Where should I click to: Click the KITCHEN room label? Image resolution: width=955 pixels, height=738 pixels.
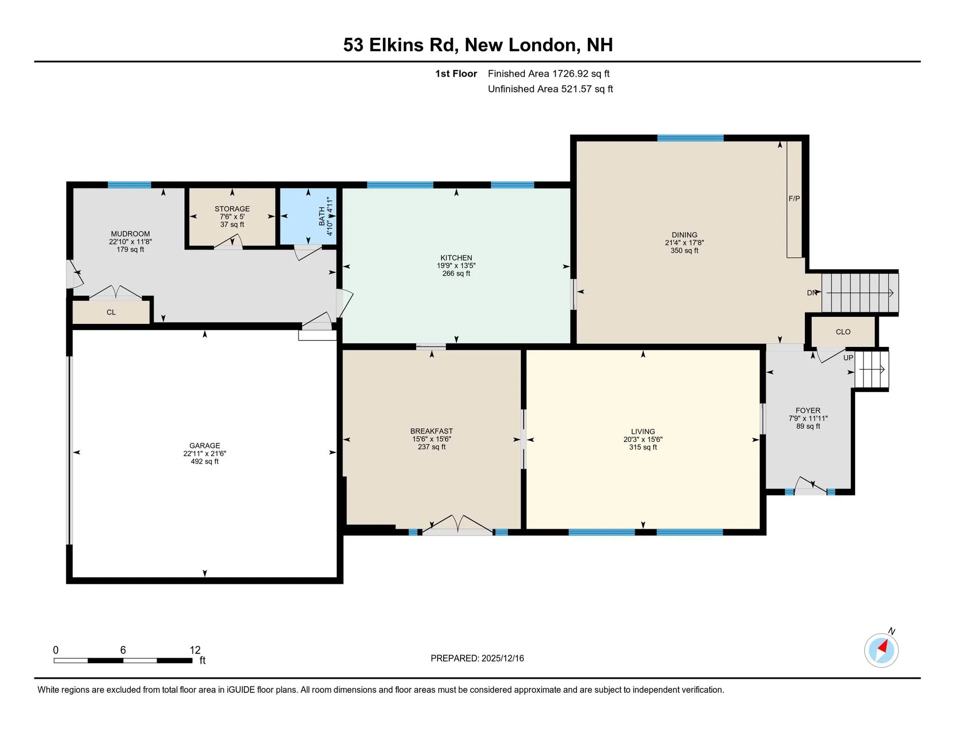(456, 258)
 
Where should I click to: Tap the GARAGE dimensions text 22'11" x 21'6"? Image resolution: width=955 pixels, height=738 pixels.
(204, 453)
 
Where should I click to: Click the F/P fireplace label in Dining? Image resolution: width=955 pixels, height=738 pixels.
(794, 199)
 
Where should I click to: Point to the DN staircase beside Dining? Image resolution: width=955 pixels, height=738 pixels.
(859, 293)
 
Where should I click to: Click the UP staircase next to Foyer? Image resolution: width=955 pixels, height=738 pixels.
(871, 369)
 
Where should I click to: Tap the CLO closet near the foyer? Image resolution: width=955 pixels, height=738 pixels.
(843, 332)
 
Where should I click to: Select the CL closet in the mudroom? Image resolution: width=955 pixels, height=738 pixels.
(111, 313)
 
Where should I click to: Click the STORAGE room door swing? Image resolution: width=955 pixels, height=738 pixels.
(229, 242)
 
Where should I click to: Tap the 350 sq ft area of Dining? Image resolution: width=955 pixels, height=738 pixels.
(684, 251)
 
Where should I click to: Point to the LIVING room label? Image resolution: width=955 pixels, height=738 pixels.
(643, 431)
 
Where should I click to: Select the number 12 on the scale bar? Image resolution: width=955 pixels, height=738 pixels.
(195, 650)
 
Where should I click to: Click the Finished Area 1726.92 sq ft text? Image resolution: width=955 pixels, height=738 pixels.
(548, 74)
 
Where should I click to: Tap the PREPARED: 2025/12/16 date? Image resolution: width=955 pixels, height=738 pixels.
(477, 658)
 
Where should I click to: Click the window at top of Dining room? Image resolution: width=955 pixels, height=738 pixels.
(690, 138)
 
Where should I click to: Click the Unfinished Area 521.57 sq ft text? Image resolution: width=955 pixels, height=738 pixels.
(550, 89)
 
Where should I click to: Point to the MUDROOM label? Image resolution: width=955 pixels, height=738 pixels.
(130, 234)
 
